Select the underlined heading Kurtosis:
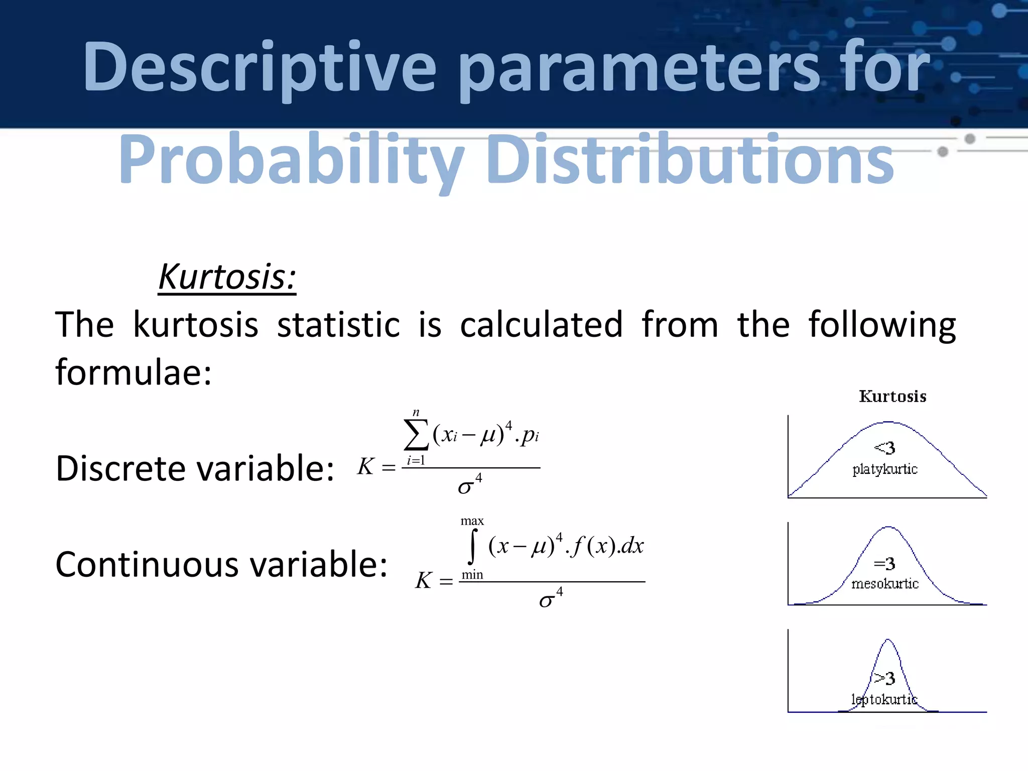tap(227, 277)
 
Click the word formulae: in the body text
tap(134, 372)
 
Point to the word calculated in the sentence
tap(541, 325)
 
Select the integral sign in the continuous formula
tap(472, 547)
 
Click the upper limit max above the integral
tap(472, 521)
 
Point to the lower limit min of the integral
tap(472, 575)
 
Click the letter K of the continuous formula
tap(423, 581)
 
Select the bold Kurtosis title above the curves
tap(892, 397)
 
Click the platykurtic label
tap(885, 469)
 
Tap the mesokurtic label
tap(885, 584)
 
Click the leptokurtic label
tap(884, 699)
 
